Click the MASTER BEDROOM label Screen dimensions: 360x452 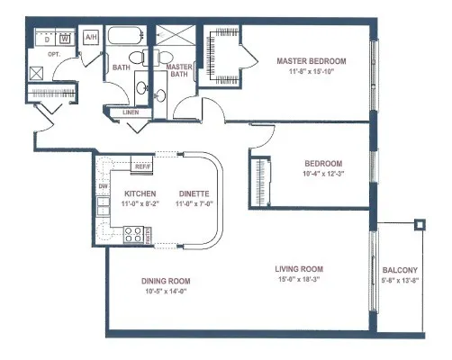click(311, 61)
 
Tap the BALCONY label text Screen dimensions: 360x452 click(400, 270)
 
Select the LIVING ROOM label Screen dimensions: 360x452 click(299, 269)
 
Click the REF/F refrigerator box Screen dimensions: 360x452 click(141, 166)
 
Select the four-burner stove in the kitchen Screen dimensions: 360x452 click(134, 234)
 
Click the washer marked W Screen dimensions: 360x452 click(65, 39)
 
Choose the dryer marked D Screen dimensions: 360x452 click(47, 39)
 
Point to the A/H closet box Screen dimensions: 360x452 click(90, 38)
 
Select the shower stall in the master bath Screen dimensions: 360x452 click(177, 40)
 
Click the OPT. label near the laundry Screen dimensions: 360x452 click(41, 54)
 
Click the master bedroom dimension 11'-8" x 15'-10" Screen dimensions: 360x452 click(311, 72)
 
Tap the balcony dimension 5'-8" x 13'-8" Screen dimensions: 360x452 click(400, 281)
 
